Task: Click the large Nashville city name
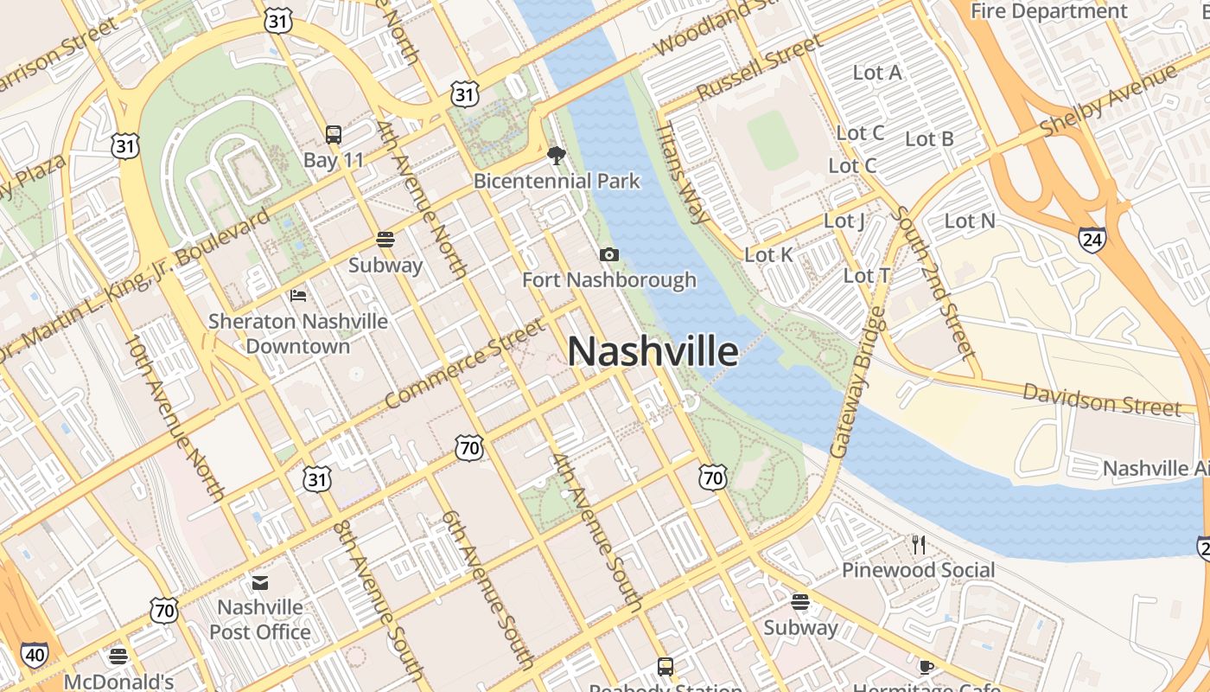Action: click(x=653, y=352)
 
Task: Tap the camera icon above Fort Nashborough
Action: click(x=608, y=254)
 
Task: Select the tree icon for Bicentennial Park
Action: click(x=557, y=156)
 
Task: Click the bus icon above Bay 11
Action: click(x=334, y=135)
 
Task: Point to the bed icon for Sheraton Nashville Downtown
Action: click(x=298, y=296)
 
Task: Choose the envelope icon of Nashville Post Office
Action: click(x=260, y=582)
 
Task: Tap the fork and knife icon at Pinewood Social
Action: click(x=918, y=545)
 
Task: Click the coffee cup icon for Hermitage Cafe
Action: click(x=926, y=667)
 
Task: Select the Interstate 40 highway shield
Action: click(x=35, y=655)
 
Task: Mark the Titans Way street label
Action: click(x=683, y=172)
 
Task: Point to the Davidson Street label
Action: click(x=1101, y=399)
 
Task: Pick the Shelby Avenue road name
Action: click(x=1108, y=99)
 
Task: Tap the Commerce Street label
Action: click(x=465, y=364)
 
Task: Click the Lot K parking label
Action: click(x=768, y=254)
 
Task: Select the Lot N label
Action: click(x=970, y=221)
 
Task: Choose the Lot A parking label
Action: click(x=877, y=73)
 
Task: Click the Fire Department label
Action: click(x=1049, y=11)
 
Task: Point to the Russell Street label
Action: click(x=760, y=67)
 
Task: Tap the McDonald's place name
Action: click(x=118, y=682)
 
